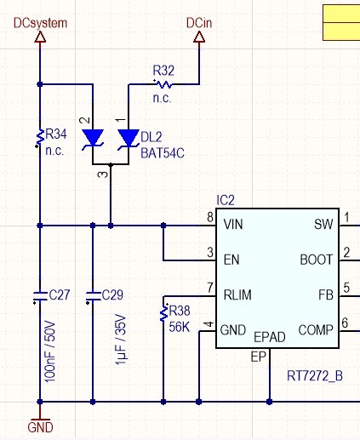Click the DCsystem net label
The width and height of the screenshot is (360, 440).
click(x=40, y=23)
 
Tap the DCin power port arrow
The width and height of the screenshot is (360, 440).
click(x=199, y=37)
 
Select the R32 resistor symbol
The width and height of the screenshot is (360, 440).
click(x=163, y=84)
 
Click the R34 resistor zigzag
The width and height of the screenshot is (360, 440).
click(x=41, y=136)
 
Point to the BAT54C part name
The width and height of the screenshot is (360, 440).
click(x=163, y=153)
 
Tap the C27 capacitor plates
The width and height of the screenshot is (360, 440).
click(x=40, y=296)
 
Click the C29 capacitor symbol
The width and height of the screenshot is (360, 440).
click(x=93, y=296)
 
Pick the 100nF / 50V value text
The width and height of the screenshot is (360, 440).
click(x=50, y=351)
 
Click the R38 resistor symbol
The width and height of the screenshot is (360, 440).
click(x=163, y=313)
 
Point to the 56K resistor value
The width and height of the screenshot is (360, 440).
click(x=179, y=327)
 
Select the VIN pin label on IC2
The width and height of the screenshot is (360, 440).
click(x=233, y=225)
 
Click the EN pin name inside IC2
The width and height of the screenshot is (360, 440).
click(x=231, y=260)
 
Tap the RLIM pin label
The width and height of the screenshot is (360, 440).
click(x=237, y=295)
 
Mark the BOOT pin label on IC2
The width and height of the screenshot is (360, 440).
click(x=317, y=260)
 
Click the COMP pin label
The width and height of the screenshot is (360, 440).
click(x=316, y=330)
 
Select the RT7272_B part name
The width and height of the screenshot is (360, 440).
click(x=315, y=376)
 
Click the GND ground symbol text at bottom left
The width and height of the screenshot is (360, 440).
click(x=40, y=427)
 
